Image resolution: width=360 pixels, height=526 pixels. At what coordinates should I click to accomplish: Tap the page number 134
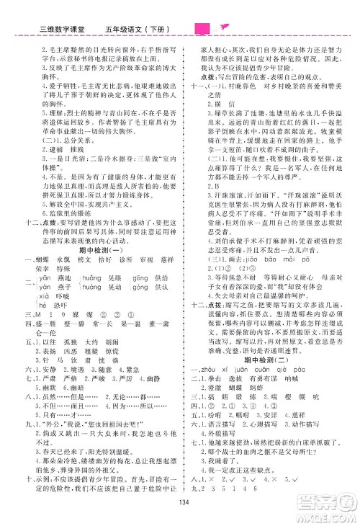tap(181, 512)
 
